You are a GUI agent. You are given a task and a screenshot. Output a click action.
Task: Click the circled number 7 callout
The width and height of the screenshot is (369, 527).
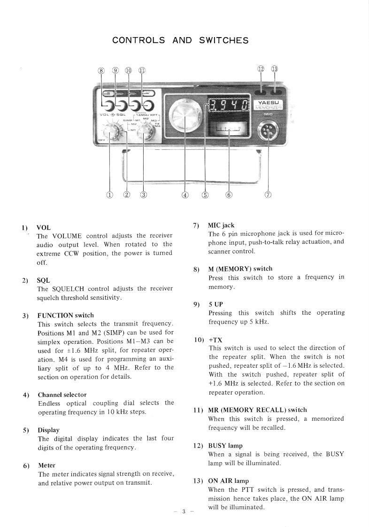(268, 194)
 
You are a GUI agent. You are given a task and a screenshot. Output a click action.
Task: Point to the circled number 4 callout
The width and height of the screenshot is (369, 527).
(185, 194)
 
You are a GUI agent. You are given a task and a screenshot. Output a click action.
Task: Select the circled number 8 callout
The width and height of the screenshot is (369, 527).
(101, 70)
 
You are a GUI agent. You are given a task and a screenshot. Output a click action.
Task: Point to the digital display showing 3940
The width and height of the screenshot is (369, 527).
(228, 106)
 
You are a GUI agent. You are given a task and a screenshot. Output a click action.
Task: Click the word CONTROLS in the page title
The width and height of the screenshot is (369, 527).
(138, 40)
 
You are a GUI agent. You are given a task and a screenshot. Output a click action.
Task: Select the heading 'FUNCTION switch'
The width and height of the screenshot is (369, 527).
(66, 315)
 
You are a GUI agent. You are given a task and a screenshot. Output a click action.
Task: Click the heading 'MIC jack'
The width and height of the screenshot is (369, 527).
(221, 225)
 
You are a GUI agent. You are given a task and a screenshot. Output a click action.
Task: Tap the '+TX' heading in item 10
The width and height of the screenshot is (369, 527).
(215, 339)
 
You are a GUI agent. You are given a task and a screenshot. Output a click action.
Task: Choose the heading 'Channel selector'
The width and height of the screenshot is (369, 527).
(62, 395)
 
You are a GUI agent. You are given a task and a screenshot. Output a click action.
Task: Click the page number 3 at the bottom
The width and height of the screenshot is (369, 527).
(184, 511)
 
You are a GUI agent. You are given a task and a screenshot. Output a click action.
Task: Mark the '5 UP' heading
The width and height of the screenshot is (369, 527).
(215, 304)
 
